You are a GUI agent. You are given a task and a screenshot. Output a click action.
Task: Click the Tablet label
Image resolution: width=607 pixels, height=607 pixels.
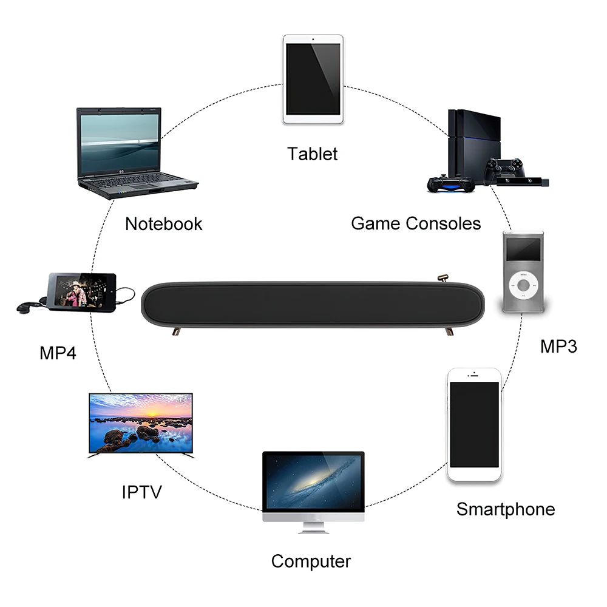point(313,154)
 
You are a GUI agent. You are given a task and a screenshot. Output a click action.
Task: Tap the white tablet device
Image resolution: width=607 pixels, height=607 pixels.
point(313,79)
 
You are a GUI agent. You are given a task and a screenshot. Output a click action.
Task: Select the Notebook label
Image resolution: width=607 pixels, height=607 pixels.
point(163,223)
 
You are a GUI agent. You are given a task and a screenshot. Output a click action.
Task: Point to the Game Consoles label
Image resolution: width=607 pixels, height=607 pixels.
point(416,223)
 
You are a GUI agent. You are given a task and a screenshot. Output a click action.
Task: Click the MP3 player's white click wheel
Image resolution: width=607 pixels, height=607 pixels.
point(523,284)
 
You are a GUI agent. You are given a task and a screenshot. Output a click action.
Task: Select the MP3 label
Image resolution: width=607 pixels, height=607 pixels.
point(558,346)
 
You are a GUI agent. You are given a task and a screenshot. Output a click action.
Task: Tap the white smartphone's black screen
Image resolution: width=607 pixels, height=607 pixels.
point(475,424)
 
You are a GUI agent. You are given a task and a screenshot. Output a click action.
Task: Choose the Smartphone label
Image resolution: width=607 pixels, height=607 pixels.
point(506,509)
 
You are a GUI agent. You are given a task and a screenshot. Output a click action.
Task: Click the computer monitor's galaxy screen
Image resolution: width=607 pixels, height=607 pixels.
point(313,483)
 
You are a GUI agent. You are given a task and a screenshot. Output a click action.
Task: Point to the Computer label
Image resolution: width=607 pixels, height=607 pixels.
point(311,561)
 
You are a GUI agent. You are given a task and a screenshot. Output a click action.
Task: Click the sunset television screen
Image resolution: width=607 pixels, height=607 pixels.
point(141,423)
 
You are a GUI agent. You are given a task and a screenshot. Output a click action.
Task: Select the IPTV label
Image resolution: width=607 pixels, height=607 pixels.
point(142,491)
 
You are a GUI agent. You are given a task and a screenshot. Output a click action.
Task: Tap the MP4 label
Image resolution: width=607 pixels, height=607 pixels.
point(58,353)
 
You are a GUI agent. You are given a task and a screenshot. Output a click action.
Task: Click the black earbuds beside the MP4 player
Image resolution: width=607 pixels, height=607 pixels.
point(25,307)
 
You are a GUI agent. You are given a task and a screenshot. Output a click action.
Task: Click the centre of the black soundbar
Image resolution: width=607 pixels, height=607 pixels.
point(312,303)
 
